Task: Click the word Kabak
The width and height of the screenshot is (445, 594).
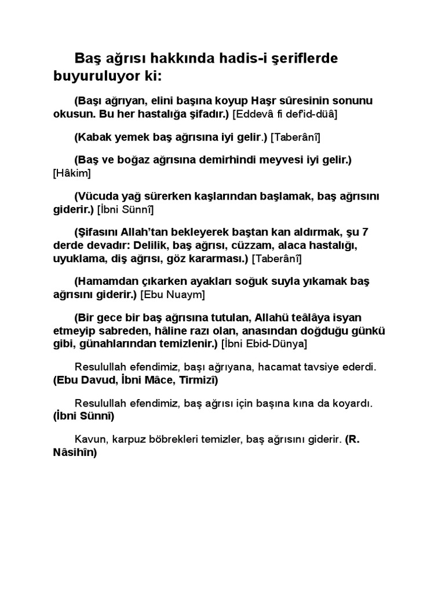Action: click(92, 137)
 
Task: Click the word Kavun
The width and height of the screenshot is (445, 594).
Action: click(88, 440)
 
